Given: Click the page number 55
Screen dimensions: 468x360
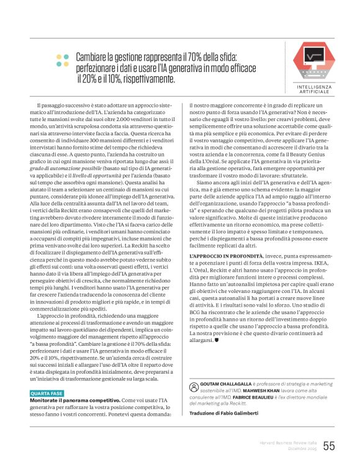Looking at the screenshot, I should [329, 445].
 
